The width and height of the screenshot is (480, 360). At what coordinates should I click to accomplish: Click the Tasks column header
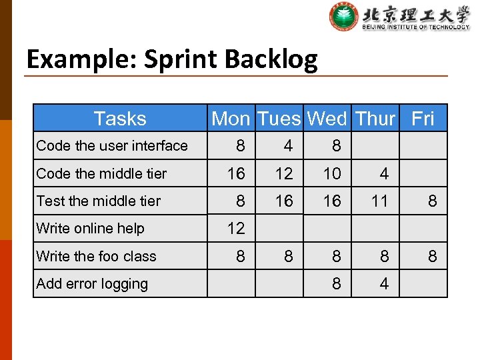tap(120, 119)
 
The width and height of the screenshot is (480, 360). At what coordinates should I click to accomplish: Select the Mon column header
tap(231, 119)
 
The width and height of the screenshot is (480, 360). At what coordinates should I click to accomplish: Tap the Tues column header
tap(279, 119)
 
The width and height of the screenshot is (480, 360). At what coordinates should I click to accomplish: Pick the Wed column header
tap(327, 119)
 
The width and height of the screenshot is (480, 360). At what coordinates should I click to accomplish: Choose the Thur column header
tap(375, 119)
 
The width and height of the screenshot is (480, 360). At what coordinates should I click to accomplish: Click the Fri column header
tap(423, 119)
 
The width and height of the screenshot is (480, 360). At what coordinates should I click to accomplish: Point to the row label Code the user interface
tap(112, 145)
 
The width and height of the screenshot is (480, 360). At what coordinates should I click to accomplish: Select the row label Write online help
tap(90, 228)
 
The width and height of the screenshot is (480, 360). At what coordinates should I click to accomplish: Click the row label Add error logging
tap(92, 283)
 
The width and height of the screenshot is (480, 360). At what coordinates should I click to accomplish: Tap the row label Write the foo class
tap(96, 256)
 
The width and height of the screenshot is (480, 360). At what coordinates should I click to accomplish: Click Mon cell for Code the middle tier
tap(236, 173)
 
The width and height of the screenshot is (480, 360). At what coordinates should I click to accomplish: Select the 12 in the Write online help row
tap(236, 228)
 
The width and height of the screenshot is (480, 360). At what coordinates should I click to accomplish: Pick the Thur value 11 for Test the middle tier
tap(379, 201)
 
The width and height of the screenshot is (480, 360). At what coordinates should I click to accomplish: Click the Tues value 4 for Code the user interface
tap(288, 145)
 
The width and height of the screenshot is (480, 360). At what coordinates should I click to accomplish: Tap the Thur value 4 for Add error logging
tap(384, 283)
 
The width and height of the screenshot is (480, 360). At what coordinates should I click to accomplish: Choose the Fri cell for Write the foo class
tap(432, 256)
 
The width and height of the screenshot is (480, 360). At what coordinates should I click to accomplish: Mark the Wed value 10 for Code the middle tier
tap(332, 173)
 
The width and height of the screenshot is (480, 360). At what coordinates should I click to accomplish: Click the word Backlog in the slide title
tap(271, 60)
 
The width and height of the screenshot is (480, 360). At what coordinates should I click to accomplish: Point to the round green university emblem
tap(344, 17)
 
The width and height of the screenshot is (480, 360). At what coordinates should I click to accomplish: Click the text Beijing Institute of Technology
tap(416, 27)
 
